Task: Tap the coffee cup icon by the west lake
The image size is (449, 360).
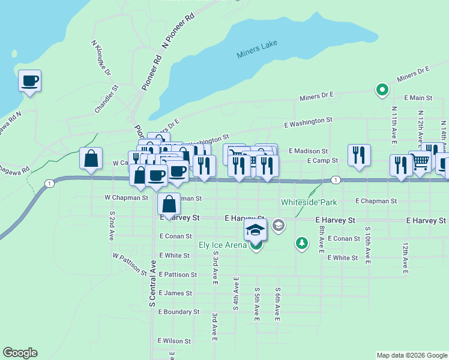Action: pyautogui.click(x=30, y=81)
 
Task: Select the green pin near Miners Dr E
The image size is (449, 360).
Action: pyautogui.click(x=381, y=90)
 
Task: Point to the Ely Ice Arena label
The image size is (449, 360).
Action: pyautogui.click(x=223, y=245)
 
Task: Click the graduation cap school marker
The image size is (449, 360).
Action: pyautogui.click(x=255, y=229)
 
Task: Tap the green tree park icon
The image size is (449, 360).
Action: pyautogui.click(x=302, y=244)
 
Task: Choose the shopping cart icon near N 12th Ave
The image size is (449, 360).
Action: pyautogui.click(x=421, y=161)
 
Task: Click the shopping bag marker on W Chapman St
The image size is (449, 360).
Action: pyautogui.click(x=169, y=203)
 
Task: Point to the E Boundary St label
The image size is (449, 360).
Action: pyautogui.click(x=179, y=312)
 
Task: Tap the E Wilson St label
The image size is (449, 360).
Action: pyautogui.click(x=174, y=341)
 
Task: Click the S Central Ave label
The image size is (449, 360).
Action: pyautogui.click(x=152, y=289)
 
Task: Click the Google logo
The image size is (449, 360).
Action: pyautogui.click(x=20, y=353)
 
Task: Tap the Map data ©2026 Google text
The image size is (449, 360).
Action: pyautogui.click(x=411, y=355)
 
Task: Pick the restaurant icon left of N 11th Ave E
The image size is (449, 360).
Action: pyautogui.click(x=359, y=154)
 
